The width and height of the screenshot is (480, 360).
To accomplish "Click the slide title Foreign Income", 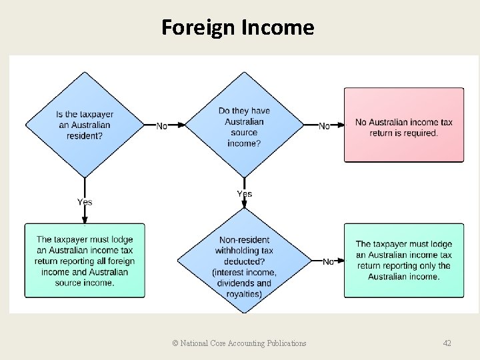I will (237, 27).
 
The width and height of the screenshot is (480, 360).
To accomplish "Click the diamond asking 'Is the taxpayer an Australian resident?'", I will (85, 125).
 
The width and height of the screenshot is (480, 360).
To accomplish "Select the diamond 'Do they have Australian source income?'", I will (245, 126).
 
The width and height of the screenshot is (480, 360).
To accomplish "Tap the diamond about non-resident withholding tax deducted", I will (245, 261).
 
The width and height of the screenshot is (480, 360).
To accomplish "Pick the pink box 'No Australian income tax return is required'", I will (404, 125).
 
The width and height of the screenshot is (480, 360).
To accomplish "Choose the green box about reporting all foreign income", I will (85, 261).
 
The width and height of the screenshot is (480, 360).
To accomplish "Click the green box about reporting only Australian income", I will (404, 261).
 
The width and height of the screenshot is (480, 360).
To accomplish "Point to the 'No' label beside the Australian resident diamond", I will (162, 126).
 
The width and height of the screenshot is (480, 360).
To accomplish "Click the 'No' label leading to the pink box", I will (325, 126).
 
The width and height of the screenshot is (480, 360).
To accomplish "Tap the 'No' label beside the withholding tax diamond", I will (329, 262).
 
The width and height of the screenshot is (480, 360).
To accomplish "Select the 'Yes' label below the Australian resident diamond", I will (85, 202).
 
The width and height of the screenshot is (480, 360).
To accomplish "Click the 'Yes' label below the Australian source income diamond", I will (245, 194).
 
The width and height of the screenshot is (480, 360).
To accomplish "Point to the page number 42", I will (447, 343).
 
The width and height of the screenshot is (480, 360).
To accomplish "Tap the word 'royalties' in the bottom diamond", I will (243, 293).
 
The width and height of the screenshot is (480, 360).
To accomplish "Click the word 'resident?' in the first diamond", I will (84, 135).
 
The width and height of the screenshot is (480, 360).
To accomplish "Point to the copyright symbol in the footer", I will (175, 343).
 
